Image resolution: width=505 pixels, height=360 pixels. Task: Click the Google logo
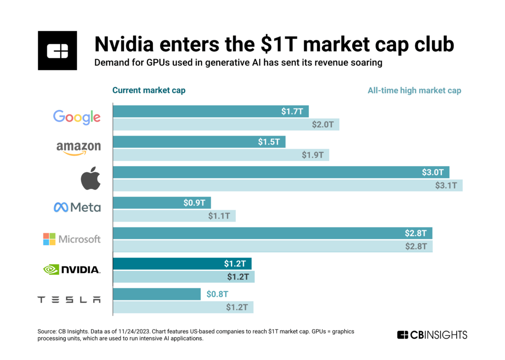coord(76,117)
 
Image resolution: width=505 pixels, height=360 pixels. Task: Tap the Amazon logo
coord(78,147)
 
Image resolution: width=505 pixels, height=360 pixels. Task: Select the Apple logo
coord(91,179)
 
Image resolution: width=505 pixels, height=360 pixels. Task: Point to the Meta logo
coord(77,208)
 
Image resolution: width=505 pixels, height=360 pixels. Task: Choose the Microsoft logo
coord(72,239)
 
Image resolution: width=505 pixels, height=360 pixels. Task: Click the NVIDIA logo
coord(72,269)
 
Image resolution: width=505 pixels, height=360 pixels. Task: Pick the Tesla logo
coord(69,300)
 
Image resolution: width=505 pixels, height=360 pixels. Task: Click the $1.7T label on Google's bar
coord(292,112)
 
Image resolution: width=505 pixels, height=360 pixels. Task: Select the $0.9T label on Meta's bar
coord(195,203)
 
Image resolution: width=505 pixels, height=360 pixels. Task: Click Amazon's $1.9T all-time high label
coord(313,155)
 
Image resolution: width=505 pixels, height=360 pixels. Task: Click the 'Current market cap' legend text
coord(149,90)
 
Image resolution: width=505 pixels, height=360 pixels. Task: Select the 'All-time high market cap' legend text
coord(414,90)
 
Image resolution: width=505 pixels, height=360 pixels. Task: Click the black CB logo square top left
coord(57,50)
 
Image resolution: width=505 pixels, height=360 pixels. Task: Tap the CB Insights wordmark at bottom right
coord(432,335)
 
